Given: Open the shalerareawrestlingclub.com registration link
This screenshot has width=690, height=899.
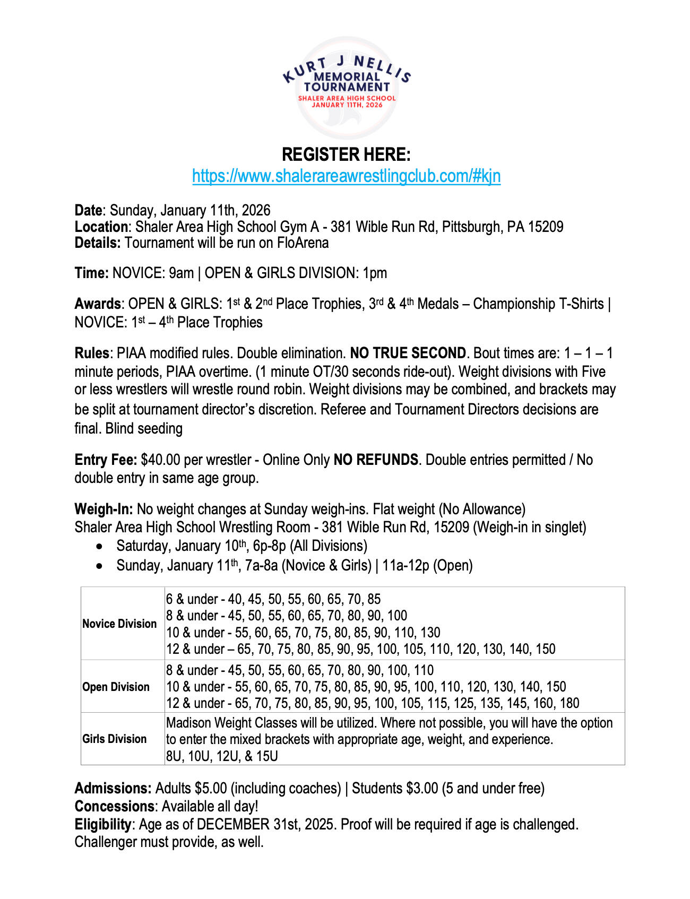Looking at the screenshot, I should tap(346, 176).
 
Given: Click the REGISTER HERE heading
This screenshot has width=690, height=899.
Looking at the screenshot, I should tap(346, 154).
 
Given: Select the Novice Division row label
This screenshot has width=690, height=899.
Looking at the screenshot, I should tap(119, 624).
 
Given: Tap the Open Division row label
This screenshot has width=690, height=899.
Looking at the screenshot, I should tap(116, 687).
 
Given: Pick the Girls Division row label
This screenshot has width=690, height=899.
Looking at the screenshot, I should tap(114, 739).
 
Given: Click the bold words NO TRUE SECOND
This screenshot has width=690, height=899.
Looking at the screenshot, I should tap(408, 353).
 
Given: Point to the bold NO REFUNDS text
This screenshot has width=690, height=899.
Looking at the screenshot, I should tap(376, 460).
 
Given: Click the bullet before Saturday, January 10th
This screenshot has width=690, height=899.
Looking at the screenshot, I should tap(100, 547).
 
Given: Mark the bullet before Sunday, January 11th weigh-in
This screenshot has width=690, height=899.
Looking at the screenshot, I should tap(100, 566).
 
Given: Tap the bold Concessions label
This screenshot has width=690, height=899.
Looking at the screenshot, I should tap(114, 807).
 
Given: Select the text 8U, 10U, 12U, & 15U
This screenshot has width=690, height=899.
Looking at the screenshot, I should tap(222, 756).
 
